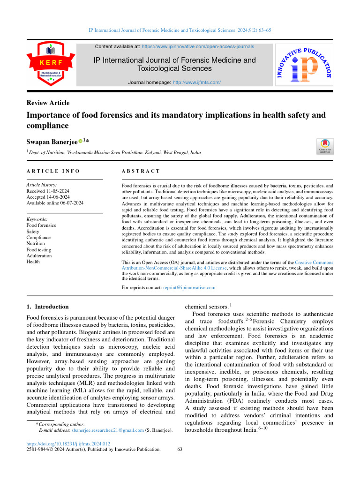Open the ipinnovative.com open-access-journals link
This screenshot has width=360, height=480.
198,47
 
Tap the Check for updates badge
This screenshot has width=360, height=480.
325,146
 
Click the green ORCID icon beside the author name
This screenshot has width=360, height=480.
80,140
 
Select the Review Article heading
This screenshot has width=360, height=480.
48,103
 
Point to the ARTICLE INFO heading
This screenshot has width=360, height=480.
53,172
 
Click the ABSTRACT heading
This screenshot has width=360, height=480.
141,172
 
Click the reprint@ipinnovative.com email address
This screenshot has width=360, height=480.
189,287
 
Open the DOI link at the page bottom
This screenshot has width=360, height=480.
68,443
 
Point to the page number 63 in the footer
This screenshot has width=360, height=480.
180,449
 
